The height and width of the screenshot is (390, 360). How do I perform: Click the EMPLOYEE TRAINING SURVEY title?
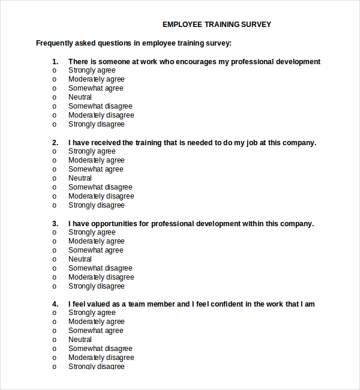pyautogui.click(x=217, y=25)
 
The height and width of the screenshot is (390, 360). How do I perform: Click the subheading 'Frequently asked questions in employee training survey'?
pyautogui.click(x=133, y=43)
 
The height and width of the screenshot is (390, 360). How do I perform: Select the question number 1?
pyautogui.click(x=55, y=62)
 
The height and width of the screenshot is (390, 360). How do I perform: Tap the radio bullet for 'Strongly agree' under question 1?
pyautogui.click(x=54, y=70)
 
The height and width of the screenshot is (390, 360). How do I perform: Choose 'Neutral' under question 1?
pyautogui.click(x=80, y=97)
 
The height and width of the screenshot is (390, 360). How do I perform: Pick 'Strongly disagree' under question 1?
pyautogui.click(x=96, y=124)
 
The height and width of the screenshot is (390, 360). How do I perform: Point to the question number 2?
pyautogui.click(x=55, y=143)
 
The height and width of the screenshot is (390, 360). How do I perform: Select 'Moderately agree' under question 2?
pyautogui.click(x=96, y=160)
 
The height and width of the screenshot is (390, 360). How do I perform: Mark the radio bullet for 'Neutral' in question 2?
pyautogui.click(x=54, y=178)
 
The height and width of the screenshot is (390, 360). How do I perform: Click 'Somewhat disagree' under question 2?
pyautogui.click(x=100, y=187)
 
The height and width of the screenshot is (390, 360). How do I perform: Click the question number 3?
pyautogui.click(x=55, y=224)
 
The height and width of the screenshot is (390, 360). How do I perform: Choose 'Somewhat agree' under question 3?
pyautogui.click(x=95, y=250)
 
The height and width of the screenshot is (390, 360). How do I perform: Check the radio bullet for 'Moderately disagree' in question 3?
pyautogui.click(x=54, y=277)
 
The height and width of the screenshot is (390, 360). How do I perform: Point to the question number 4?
pyautogui.click(x=55, y=304)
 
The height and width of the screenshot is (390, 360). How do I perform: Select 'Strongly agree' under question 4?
pyautogui.click(x=92, y=313)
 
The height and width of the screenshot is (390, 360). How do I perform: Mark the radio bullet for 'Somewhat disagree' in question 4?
pyautogui.click(x=54, y=349)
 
